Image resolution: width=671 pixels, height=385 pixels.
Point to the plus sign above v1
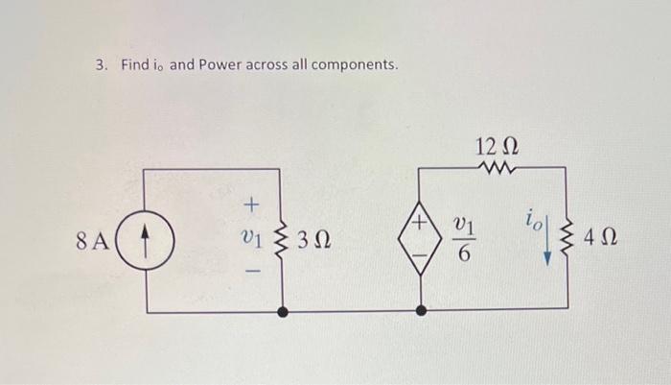[x=252, y=205]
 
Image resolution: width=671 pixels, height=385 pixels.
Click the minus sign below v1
[x=252, y=273]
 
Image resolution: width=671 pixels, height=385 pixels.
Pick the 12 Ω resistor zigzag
[x=497, y=169]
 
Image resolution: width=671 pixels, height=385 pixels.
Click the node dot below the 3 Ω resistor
[x=282, y=311]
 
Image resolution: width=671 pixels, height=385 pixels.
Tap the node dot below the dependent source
[x=420, y=311]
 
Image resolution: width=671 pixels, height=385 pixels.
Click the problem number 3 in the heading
[x=100, y=65]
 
